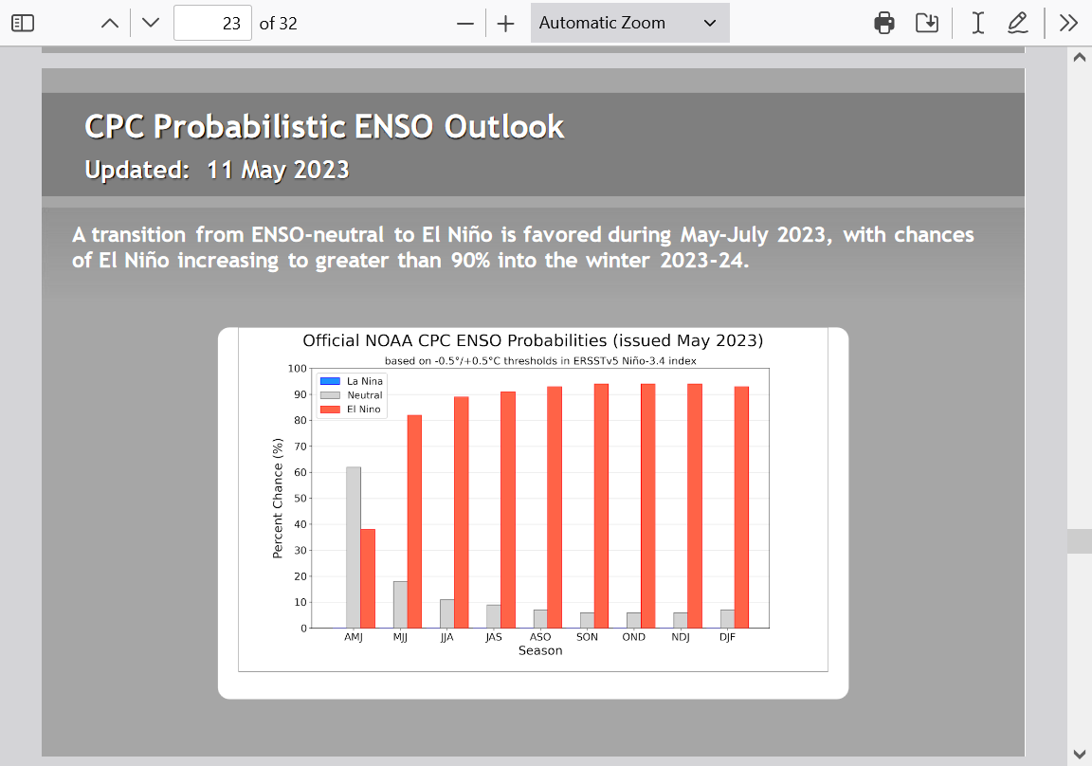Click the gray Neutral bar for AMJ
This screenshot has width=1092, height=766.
(353, 547)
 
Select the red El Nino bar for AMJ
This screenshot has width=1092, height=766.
(368, 578)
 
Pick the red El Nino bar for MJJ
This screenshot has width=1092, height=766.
(414, 521)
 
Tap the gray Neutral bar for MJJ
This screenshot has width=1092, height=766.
(400, 605)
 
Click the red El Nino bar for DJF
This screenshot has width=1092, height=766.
(741, 507)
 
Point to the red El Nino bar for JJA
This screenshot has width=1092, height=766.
(461, 513)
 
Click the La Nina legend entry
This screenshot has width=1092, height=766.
(351, 381)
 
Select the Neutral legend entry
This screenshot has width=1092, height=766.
(351, 394)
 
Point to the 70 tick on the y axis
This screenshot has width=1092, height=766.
(300, 447)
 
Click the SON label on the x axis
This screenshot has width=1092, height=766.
(587, 636)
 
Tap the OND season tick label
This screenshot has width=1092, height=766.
(634, 636)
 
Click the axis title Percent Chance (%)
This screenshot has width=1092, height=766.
(278, 498)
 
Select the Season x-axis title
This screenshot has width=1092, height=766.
(540, 650)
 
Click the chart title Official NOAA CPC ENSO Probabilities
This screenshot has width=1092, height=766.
(455, 340)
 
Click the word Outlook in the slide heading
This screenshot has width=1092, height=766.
(504, 127)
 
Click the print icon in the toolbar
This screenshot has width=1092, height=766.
(883, 23)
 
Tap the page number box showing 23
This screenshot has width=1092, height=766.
(212, 23)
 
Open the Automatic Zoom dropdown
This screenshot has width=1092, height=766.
(629, 23)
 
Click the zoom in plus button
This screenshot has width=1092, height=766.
(505, 24)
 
